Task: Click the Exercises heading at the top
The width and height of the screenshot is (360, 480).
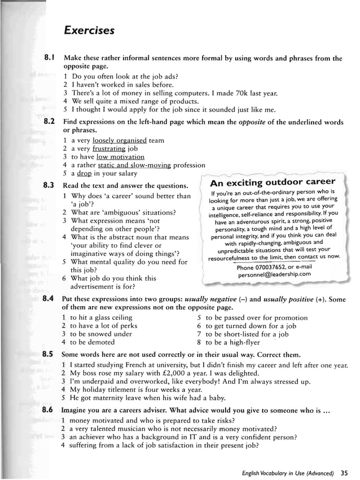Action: (x=89, y=29)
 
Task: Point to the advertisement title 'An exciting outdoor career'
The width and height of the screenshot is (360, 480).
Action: (x=272, y=182)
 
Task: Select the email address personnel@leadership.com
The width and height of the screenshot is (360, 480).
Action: (x=274, y=274)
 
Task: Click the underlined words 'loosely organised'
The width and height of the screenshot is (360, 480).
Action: (x=119, y=140)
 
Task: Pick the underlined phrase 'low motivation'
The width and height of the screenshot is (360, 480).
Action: (x=120, y=157)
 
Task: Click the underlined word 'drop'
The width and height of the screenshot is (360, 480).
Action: (x=85, y=174)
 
